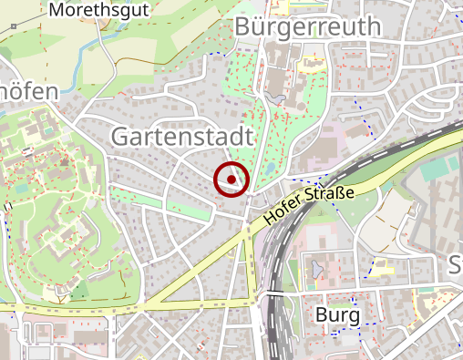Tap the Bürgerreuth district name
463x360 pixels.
(x=306, y=27)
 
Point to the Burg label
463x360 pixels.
(x=336, y=315)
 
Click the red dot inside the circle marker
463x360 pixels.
(x=231, y=180)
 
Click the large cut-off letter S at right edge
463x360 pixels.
(x=456, y=265)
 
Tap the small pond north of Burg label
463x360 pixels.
(x=316, y=269)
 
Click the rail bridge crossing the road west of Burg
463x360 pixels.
(x=274, y=293)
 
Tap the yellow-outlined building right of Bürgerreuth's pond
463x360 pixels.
(x=311, y=66)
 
